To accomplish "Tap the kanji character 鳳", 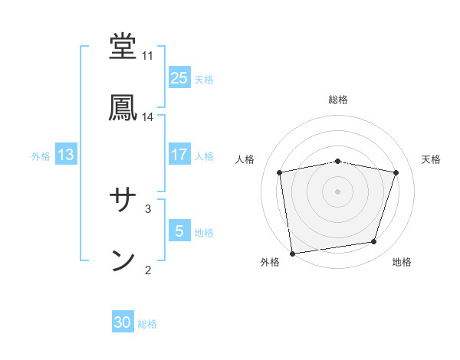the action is tap(123, 106).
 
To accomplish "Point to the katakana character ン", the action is tap(123, 260).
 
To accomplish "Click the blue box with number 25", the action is tap(179, 77).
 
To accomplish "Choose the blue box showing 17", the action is tap(179, 154).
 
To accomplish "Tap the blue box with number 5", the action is tap(179, 231).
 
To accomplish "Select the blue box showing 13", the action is tap(66, 155).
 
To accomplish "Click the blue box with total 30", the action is tap(123, 322).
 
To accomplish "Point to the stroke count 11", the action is tap(147, 56).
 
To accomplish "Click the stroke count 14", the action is tap(147, 117).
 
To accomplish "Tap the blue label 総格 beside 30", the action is tap(147, 324).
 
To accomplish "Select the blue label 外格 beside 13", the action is tap(41, 156).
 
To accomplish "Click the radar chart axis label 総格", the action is tap(337, 100).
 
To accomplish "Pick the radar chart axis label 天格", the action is tap(432, 159).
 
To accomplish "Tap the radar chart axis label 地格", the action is tap(402, 262).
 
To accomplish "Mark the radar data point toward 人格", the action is tap(280, 172).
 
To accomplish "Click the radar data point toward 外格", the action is tap(292, 253).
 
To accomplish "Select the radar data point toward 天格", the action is tap(396, 172).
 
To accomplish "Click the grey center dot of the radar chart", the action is tap(337, 191).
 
